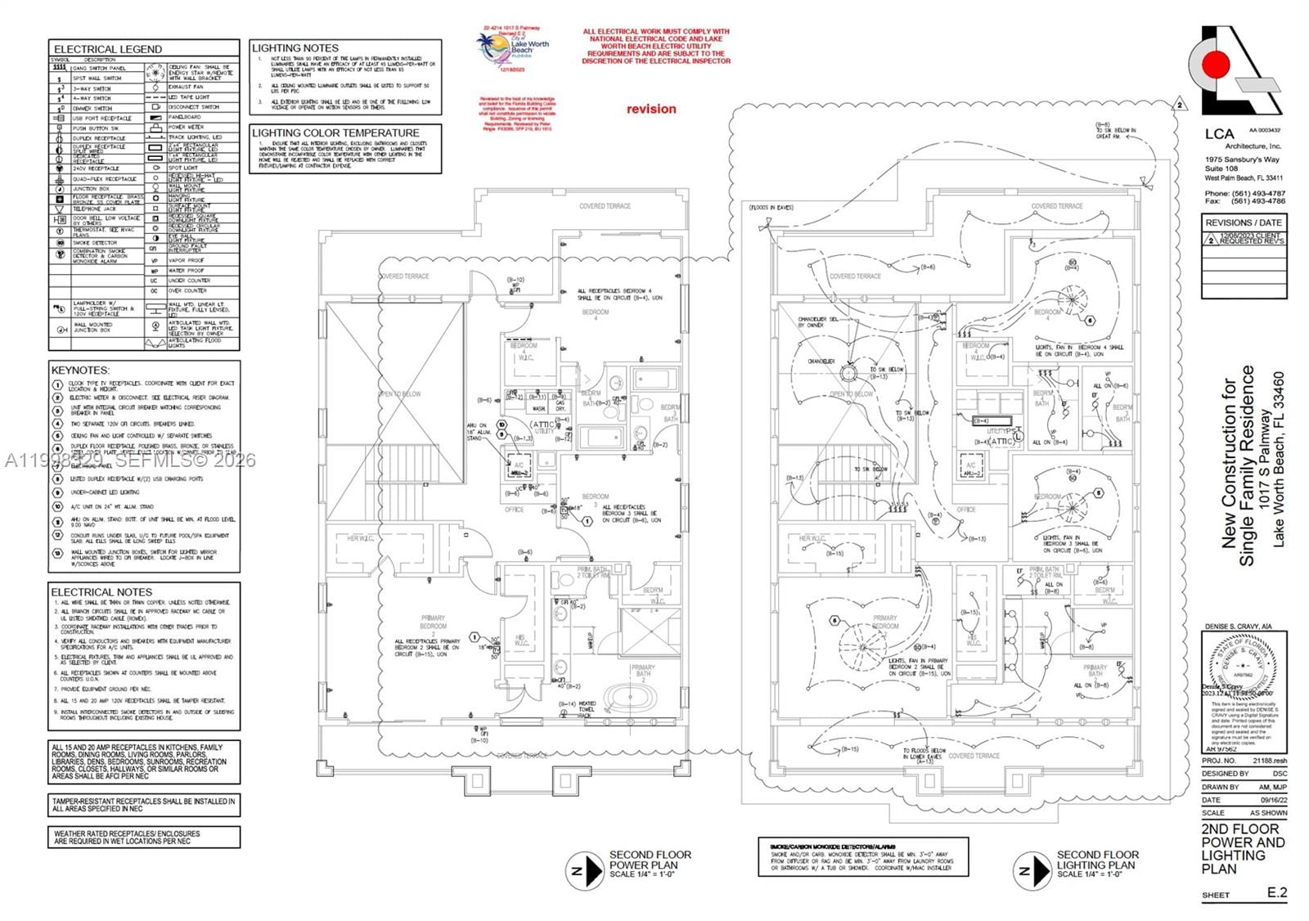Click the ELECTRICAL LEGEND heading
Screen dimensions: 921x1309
tap(107, 49)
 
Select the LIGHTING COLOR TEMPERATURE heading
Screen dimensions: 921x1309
tap(335, 133)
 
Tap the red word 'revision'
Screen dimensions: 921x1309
tap(651, 109)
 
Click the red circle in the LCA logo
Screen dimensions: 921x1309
tap(1217, 63)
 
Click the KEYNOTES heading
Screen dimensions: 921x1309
tap(80, 370)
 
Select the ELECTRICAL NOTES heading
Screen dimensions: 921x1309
tap(101, 591)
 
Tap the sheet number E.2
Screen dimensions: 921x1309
tap(1276, 892)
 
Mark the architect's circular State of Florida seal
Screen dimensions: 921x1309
tap(1241, 667)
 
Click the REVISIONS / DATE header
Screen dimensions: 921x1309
tap(1244, 222)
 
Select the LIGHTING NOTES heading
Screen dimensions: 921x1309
tap(295, 48)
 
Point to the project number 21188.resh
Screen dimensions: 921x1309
tap(1270, 761)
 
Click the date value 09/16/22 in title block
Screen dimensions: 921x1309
tap(1272, 800)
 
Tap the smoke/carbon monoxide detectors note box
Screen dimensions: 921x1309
tap(863, 857)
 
